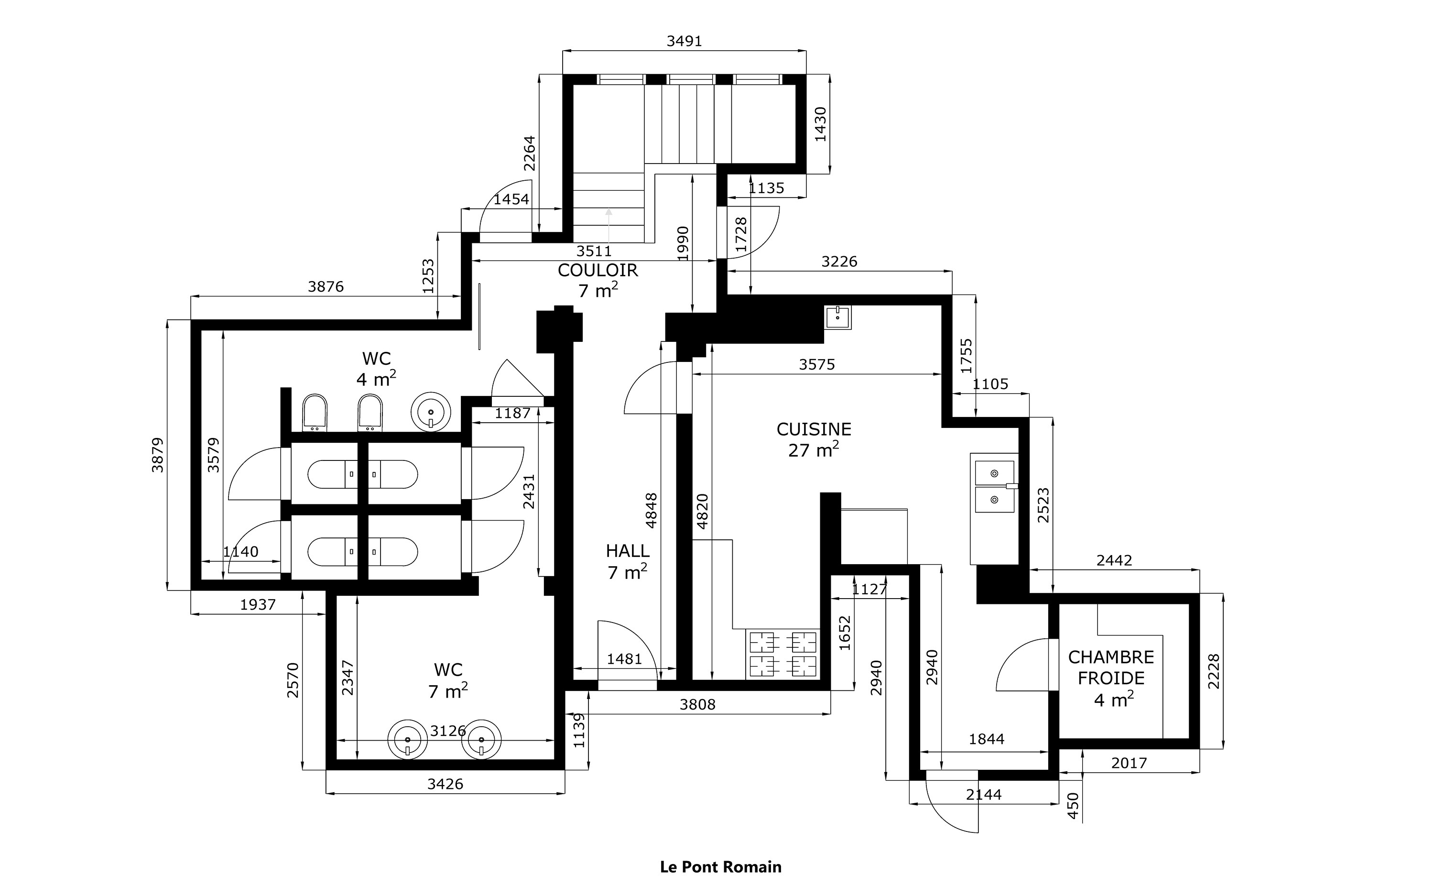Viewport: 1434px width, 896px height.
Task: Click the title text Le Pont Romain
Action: click(x=720, y=867)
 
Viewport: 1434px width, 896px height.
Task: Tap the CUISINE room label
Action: click(x=814, y=429)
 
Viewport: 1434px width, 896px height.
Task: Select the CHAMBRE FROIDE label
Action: click(x=1111, y=667)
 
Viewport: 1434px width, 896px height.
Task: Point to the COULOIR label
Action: click(x=597, y=270)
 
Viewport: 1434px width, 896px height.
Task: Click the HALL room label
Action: click(x=627, y=551)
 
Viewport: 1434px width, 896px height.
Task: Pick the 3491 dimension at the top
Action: click(x=684, y=41)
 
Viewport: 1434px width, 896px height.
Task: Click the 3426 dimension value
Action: click(x=445, y=784)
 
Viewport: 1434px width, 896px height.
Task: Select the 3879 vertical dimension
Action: click(x=158, y=455)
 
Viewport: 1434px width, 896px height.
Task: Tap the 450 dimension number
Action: click(x=1073, y=806)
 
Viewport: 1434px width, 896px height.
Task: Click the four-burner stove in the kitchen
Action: click(x=783, y=654)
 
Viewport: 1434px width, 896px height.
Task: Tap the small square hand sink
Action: click(x=837, y=317)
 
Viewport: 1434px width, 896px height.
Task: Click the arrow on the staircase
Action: click(x=608, y=225)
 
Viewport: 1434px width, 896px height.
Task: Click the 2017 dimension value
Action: click(x=1129, y=763)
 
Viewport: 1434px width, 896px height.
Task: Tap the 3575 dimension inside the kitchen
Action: click(x=817, y=364)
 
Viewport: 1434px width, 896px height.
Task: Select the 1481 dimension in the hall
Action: click(x=624, y=659)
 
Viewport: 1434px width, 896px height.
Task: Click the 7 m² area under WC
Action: click(x=448, y=691)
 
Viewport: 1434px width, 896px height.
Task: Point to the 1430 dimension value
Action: click(x=820, y=124)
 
